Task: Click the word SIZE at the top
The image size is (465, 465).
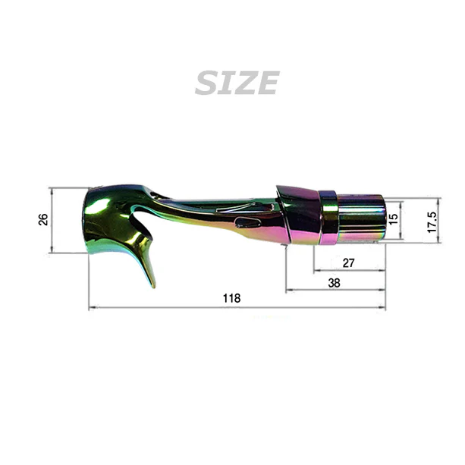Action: pos(237,83)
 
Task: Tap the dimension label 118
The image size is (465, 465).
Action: pos(231,299)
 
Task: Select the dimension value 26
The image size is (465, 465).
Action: pos(43,219)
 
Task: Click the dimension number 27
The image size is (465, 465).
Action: pos(348,262)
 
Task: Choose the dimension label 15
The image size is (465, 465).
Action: pos(393,218)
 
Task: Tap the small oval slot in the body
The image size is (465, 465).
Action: pos(246,222)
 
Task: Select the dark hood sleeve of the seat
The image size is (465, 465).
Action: pos(300,215)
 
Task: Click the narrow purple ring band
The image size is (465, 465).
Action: pos(328,218)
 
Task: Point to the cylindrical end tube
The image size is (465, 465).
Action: pos(360,218)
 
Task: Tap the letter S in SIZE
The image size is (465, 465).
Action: pos(206,83)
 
